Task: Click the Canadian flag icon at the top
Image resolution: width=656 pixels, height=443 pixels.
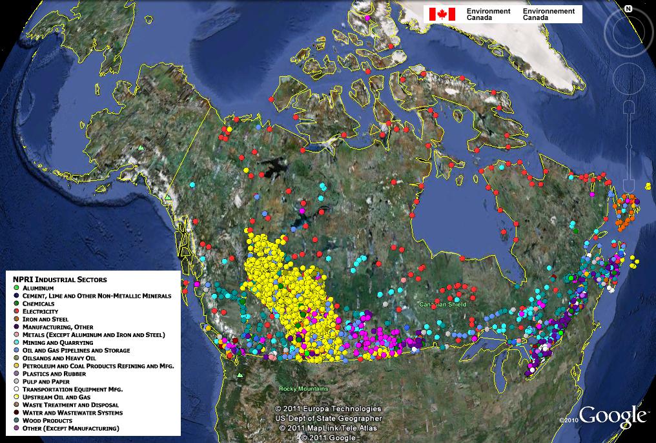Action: (x=442, y=14)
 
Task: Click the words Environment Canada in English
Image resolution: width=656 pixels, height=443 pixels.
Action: (x=488, y=14)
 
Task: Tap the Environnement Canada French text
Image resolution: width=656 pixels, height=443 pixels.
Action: (x=549, y=14)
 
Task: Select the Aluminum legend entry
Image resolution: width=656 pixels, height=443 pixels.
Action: (x=38, y=287)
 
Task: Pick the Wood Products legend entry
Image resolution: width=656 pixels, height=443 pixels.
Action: (x=48, y=420)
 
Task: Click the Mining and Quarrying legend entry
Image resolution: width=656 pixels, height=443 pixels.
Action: (x=57, y=342)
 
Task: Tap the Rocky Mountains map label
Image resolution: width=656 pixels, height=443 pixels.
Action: (x=303, y=389)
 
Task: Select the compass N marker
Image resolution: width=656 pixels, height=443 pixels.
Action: (x=627, y=8)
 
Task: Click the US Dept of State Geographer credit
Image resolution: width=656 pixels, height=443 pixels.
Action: (x=328, y=418)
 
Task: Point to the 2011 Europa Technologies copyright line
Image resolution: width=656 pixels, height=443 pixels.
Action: (x=328, y=409)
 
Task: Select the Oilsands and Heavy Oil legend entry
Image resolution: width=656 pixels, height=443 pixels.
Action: (x=59, y=358)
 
